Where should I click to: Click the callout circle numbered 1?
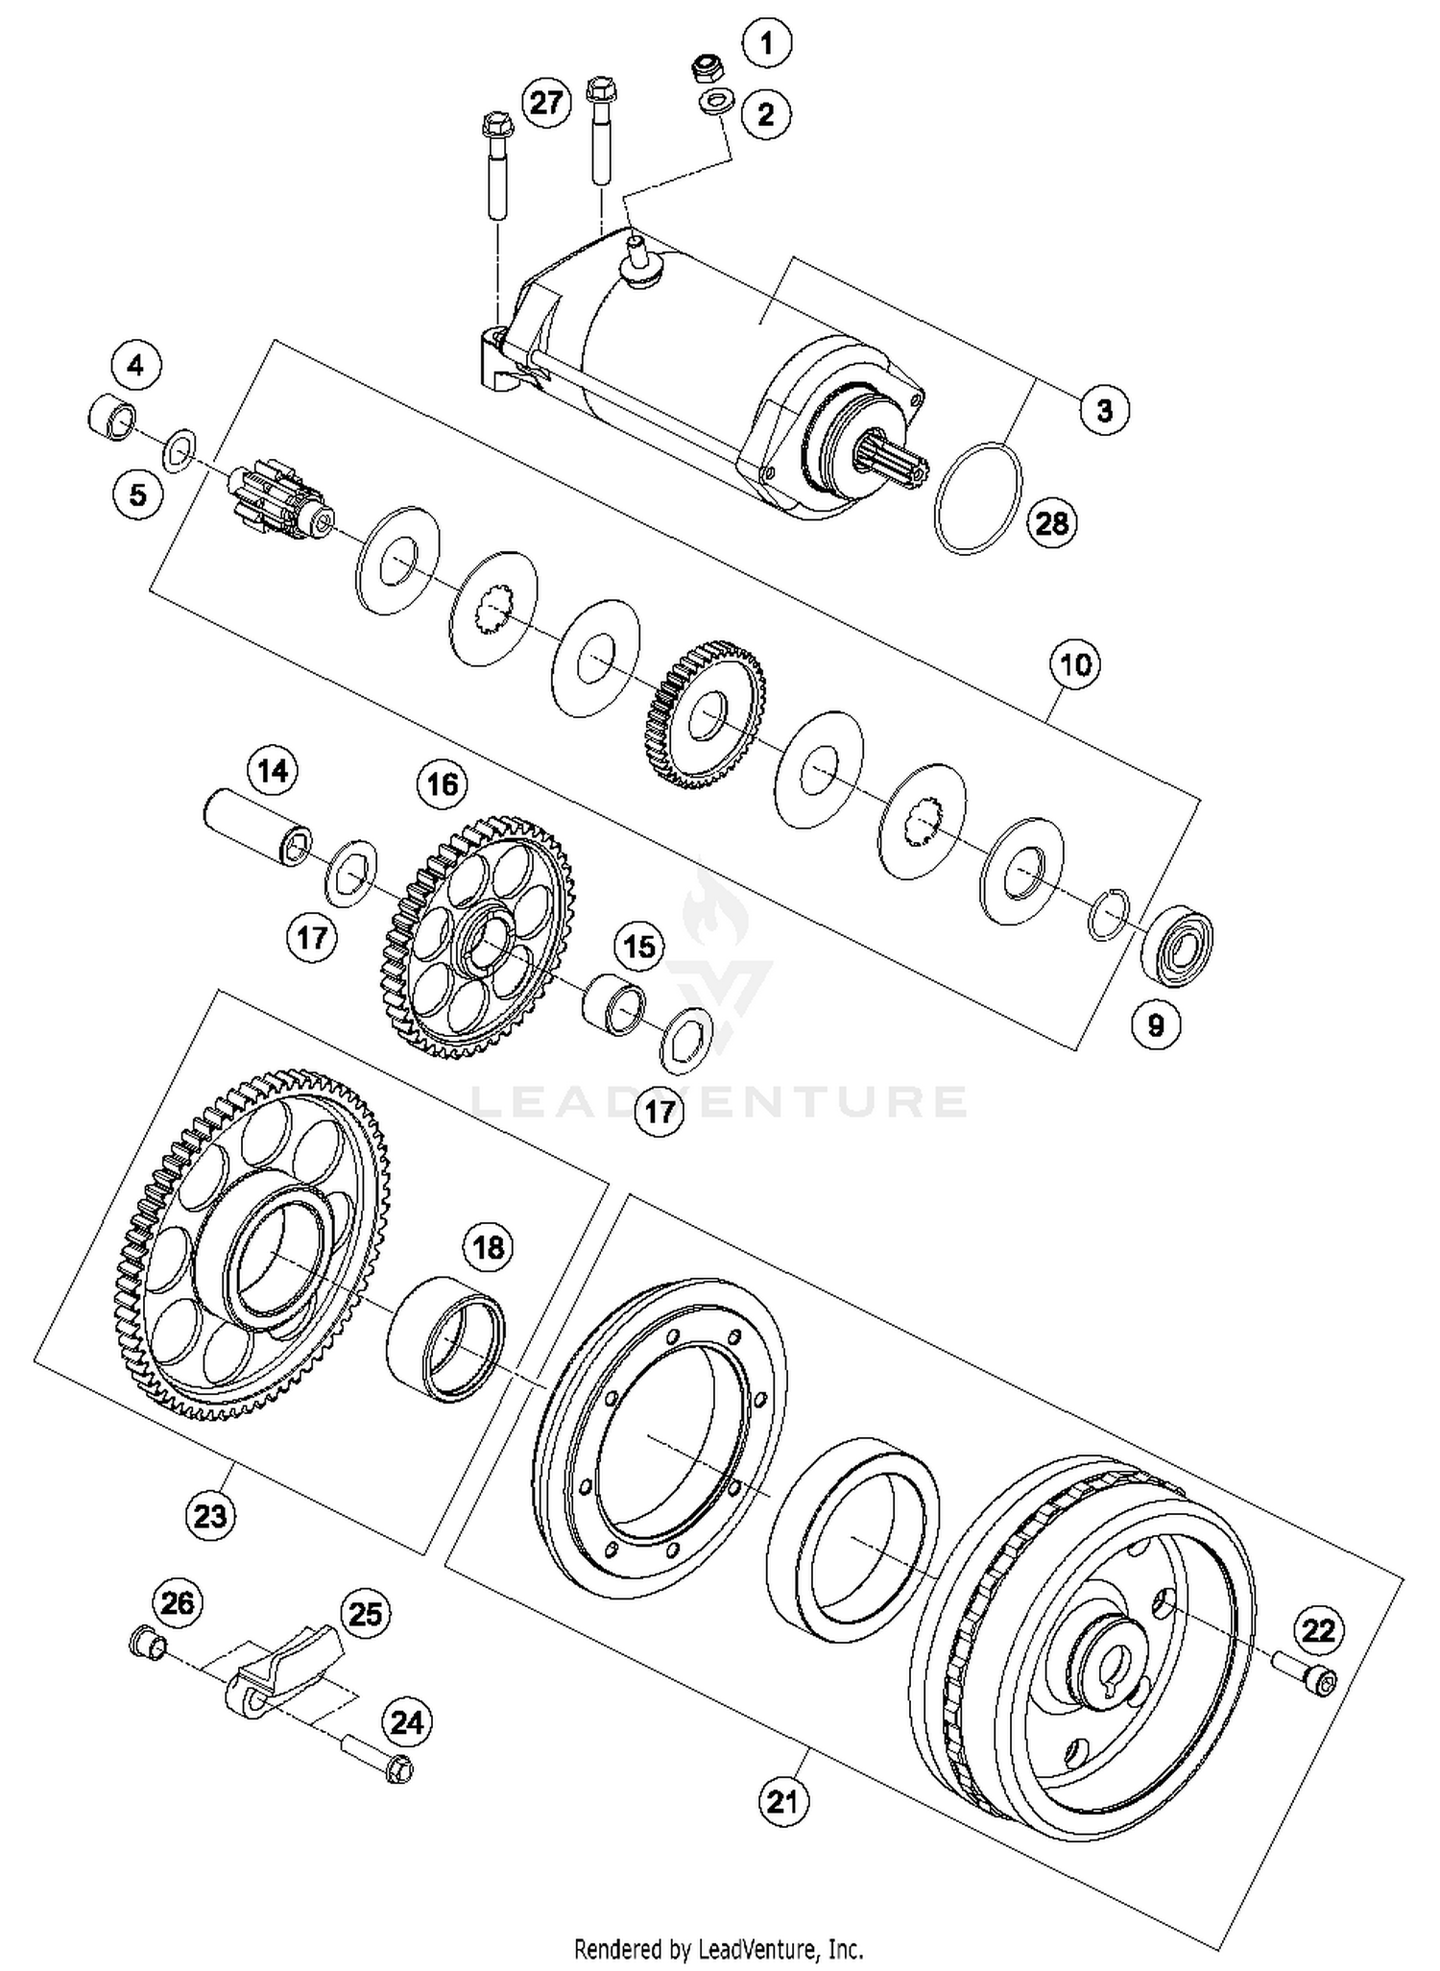point(766,43)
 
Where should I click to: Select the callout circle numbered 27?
point(545,101)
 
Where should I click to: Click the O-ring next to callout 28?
point(977,498)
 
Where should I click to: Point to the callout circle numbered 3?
point(1104,410)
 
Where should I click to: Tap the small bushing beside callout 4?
point(111,417)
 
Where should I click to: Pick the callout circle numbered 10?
point(1075,663)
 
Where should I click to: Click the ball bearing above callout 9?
point(1177,945)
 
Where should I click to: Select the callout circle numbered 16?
point(442,784)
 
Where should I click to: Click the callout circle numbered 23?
point(210,1515)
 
